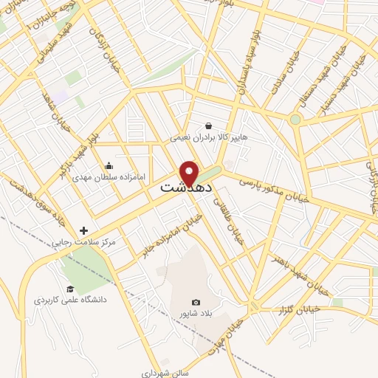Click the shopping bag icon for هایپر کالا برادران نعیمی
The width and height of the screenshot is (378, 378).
pos(209,126)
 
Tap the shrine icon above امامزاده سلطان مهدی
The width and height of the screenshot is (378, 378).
pos(109,165)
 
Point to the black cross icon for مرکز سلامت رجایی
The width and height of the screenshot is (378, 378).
pos(84,230)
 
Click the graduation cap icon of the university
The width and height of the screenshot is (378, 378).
pos(70,289)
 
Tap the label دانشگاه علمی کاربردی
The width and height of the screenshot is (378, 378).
pos(70,300)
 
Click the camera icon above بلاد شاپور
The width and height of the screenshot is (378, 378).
pos(196,302)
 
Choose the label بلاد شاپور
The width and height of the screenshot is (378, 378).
pos(196,314)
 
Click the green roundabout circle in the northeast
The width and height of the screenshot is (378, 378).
pos(295,119)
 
